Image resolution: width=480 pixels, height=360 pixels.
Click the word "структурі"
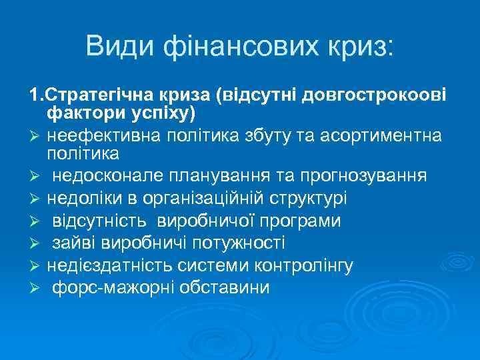click(307, 199)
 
